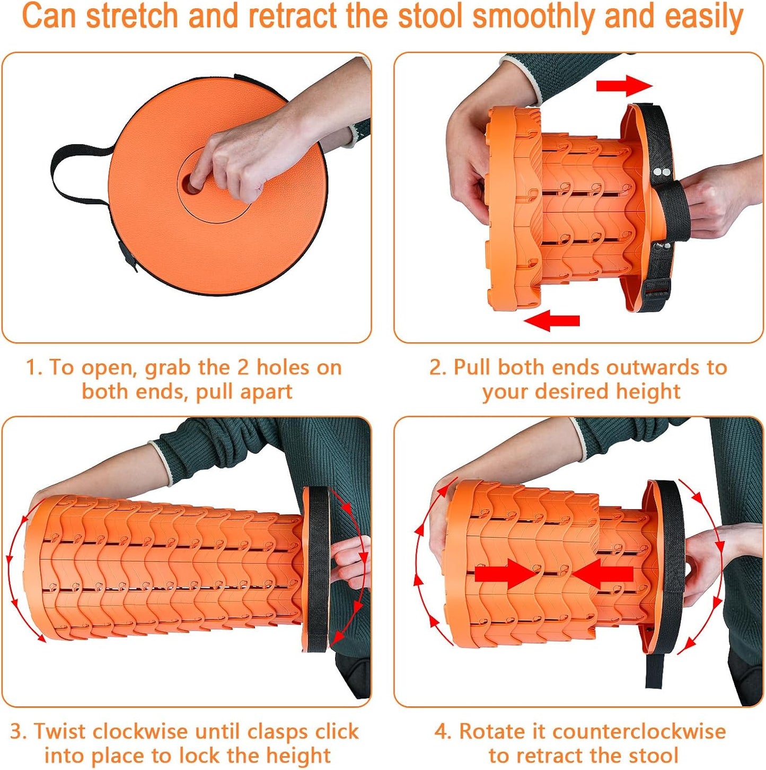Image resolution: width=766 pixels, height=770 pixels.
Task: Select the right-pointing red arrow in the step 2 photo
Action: (624, 85)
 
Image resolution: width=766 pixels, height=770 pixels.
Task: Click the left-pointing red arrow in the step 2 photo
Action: (552, 320)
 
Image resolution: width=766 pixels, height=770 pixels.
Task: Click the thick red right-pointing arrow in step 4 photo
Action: (506, 575)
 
